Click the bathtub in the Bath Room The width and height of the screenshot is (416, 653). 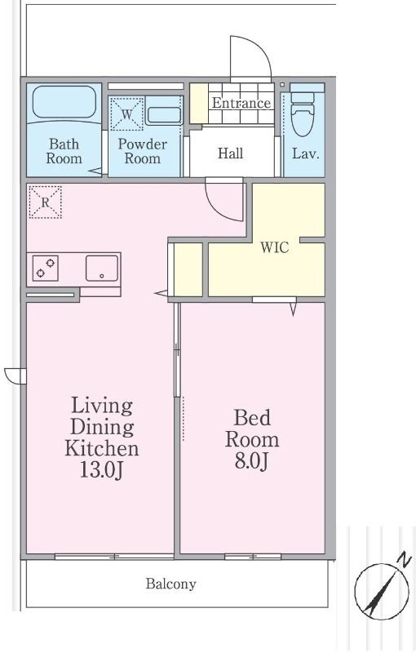click(x=64, y=102)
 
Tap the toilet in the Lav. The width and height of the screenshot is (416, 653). click(x=303, y=113)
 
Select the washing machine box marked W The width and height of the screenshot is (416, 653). click(x=127, y=113)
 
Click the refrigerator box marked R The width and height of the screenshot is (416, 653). click(x=45, y=202)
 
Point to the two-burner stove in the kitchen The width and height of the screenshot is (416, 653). click(x=46, y=269)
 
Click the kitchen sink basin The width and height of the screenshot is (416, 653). click(x=102, y=269)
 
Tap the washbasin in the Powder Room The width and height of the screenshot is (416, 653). click(x=164, y=115)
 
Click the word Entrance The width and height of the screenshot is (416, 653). click(x=241, y=103)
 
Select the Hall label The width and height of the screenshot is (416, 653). click(x=231, y=153)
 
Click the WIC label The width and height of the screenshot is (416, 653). click(x=275, y=247)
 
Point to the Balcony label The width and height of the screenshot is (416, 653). click(x=171, y=584)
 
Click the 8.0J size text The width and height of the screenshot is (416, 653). click(x=251, y=461)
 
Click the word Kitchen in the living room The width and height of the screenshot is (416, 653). click(x=101, y=448)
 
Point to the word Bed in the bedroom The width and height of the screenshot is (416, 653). click(x=252, y=418)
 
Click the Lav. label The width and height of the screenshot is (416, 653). click(x=305, y=153)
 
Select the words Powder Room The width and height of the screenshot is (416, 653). click(x=142, y=151)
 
